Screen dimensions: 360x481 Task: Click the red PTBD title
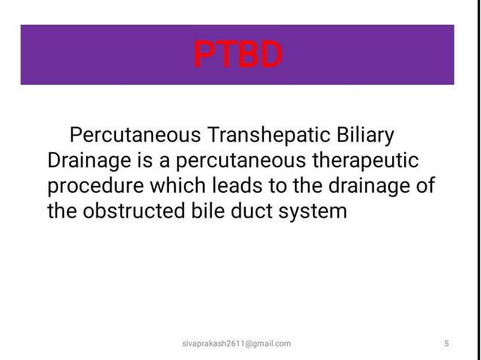pyautogui.click(x=237, y=54)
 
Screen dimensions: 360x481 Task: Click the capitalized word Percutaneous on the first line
pyautogui.click(x=134, y=136)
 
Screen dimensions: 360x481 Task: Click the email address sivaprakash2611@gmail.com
pyautogui.click(x=237, y=343)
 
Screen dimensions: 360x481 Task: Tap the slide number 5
pyautogui.click(x=447, y=343)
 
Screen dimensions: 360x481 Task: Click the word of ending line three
pyautogui.click(x=425, y=186)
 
